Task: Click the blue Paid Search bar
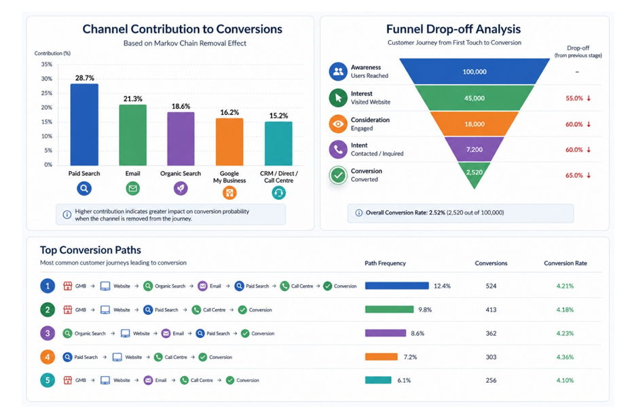84,125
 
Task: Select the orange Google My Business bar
229,142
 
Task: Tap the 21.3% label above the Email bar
132,99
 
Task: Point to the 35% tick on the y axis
46,64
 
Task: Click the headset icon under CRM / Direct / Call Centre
278,193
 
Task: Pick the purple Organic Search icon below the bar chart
181,188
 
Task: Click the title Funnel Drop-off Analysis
453,29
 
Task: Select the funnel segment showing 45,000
475,98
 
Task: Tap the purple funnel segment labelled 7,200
475,149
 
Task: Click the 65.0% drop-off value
574,175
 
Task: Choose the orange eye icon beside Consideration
338,124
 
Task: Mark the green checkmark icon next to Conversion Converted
338,175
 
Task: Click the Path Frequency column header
385,263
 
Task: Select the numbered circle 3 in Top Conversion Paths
48,333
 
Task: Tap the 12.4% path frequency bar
397,286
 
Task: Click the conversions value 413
491,309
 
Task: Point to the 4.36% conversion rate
565,357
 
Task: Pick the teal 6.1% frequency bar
378,380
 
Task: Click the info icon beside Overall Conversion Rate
358,213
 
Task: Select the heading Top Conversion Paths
90,250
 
